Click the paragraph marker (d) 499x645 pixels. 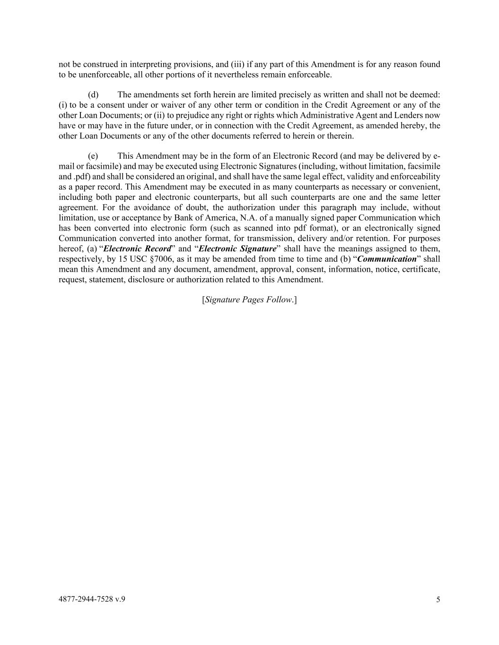click(93, 95)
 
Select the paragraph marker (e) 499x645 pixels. click(93, 156)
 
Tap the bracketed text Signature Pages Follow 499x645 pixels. click(249, 300)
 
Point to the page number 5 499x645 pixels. click(438, 600)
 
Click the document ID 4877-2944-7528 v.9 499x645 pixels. click(92, 599)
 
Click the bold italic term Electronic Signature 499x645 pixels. click(237, 249)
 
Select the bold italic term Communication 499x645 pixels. click(387, 259)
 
